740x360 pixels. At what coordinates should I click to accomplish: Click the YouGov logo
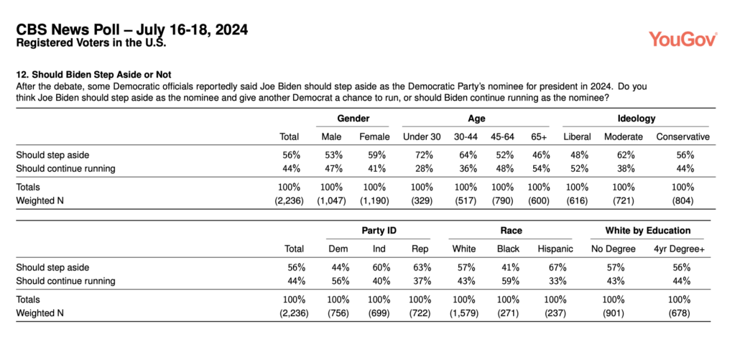pos(683,39)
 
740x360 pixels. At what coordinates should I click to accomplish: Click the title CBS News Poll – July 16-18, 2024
pos(131,30)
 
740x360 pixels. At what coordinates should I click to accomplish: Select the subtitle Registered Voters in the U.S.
pos(91,43)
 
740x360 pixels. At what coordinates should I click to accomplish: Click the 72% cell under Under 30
pos(422,154)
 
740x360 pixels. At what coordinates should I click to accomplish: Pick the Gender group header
pos(353,119)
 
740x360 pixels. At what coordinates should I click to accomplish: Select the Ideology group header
pos(637,119)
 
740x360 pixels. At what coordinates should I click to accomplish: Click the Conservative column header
pos(683,137)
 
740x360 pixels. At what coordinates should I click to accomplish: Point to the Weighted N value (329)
pos(422,200)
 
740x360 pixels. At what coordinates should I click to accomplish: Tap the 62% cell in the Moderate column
pos(624,154)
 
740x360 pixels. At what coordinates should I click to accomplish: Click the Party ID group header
pos(379,231)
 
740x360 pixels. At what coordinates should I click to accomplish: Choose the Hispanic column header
pos(555,249)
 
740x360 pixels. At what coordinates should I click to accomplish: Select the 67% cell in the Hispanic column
pos(558,267)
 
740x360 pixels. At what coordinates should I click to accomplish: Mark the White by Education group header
pos(648,231)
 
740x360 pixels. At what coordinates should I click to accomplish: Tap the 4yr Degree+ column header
pos(679,249)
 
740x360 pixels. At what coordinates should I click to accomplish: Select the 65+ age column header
pos(539,137)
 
